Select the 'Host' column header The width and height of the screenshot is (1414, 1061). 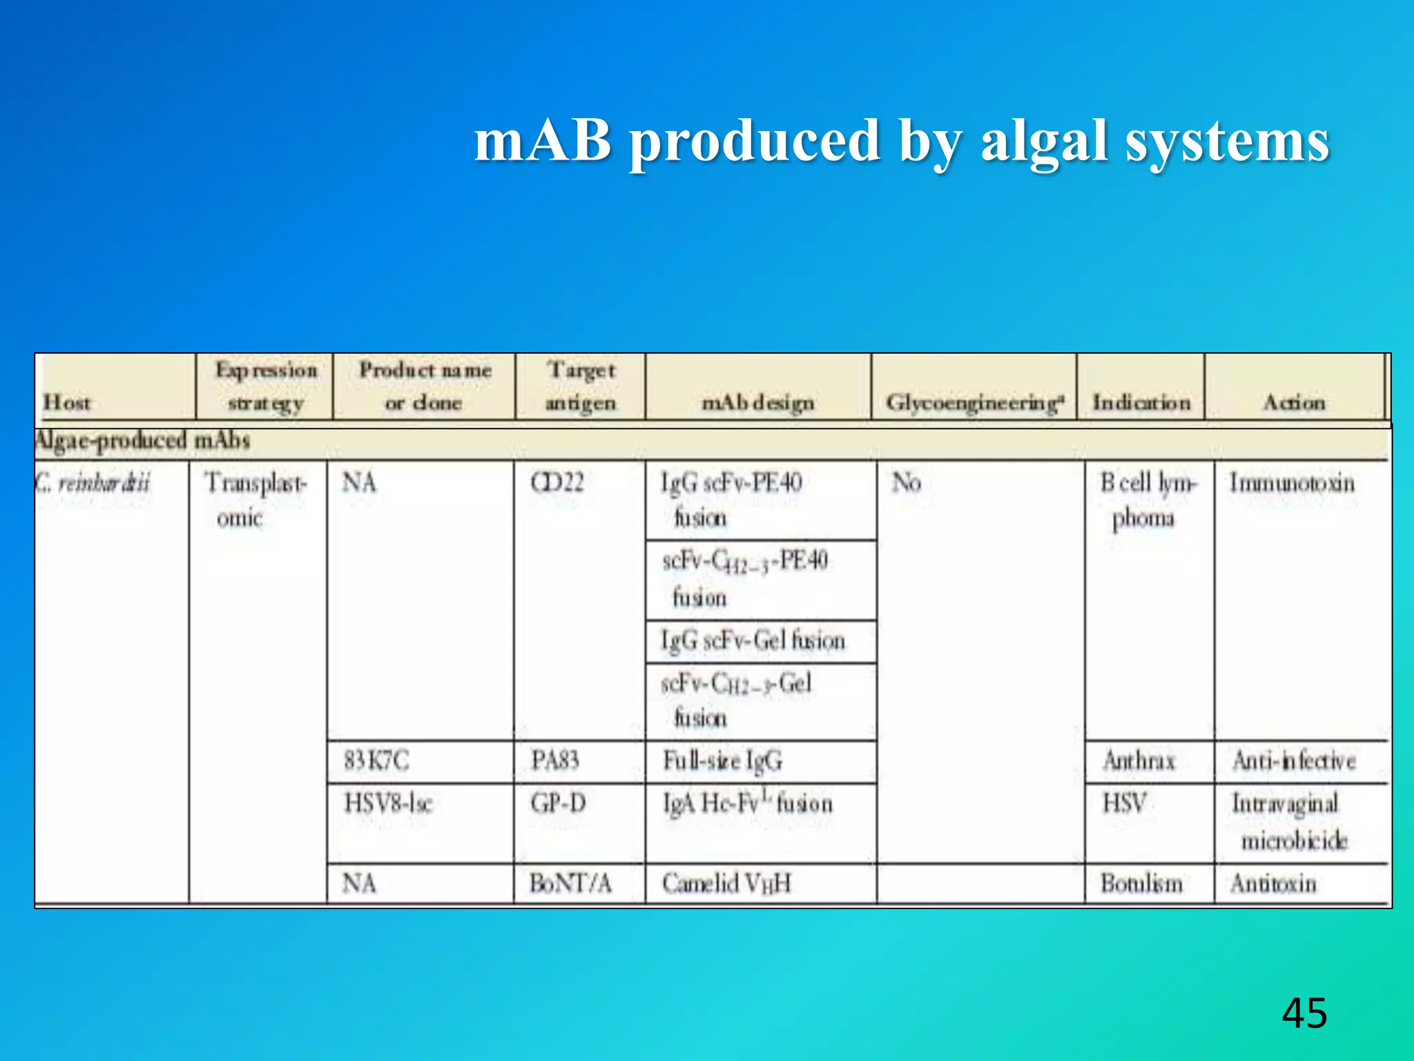click(67, 402)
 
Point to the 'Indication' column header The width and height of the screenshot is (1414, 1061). click(1141, 402)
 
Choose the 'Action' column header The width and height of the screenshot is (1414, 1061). click(1294, 402)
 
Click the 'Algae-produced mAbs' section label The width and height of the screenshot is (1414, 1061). click(143, 441)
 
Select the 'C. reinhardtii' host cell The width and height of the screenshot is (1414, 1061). click(93, 483)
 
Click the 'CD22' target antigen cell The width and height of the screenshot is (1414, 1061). click(556, 483)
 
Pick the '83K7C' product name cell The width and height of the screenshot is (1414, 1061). click(377, 761)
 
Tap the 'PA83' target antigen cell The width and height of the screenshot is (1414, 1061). click(554, 761)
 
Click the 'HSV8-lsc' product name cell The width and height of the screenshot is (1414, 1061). click(388, 803)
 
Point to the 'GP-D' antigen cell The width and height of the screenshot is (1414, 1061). click(558, 803)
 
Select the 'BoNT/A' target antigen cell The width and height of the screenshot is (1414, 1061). click(570, 883)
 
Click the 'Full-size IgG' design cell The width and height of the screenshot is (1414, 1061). click(723, 761)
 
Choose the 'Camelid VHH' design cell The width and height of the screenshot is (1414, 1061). click(726, 883)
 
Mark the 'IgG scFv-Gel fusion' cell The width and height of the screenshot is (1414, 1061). click(753, 641)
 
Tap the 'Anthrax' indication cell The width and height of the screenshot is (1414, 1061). click(1139, 761)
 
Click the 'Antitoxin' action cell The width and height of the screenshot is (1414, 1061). click(1273, 883)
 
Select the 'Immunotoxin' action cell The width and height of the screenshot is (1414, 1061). click(1292, 483)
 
